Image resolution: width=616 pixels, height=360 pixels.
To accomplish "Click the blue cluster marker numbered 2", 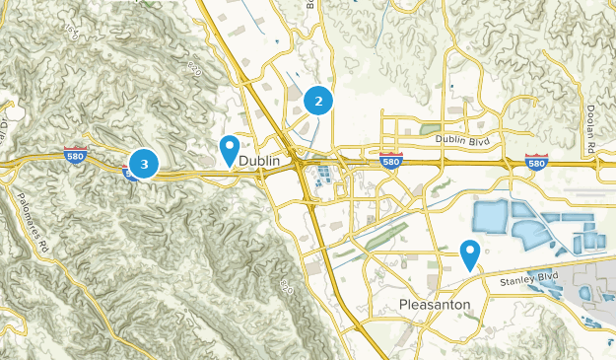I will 318,100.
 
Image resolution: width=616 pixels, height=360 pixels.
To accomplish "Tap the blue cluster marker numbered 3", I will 144,164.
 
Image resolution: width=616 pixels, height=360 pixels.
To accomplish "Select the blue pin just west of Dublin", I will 229,149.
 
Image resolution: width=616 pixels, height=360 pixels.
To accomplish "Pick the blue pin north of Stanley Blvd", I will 470,254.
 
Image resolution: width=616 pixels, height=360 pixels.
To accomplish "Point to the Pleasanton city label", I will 442,304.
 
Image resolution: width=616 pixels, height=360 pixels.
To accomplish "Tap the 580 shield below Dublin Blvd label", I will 391,160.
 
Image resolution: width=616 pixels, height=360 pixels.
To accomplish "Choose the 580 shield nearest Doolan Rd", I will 537,161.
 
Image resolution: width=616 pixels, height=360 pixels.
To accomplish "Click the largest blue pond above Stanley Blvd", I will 498,220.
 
